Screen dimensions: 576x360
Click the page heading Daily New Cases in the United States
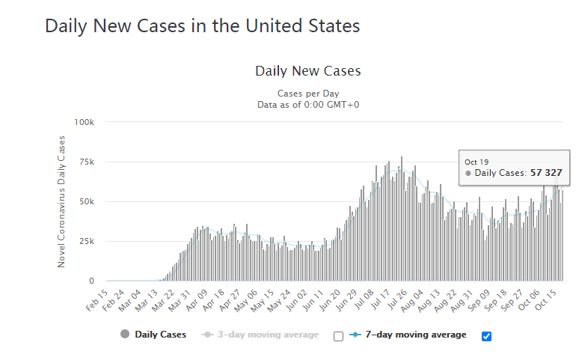coord(203,26)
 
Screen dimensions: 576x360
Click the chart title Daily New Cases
coord(308,71)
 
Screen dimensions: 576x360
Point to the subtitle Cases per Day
coord(308,94)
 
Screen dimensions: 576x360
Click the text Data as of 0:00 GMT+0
coord(308,105)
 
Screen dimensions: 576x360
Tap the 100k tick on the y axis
coord(84,122)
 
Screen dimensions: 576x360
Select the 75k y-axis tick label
coord(87,162)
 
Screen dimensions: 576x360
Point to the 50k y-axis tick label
coord(87,202)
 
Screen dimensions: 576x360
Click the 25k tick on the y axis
coord(87,242)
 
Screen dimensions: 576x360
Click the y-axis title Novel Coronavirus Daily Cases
coord(61,201)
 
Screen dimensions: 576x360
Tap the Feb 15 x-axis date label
coord(97,300)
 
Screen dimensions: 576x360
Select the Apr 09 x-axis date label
coord(197,300)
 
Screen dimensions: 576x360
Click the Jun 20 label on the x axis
coord(329,300)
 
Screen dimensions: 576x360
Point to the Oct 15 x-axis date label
coord(545,300)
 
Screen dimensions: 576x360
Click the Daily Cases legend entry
coord(153,335)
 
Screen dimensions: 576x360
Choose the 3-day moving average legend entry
coord(260,335)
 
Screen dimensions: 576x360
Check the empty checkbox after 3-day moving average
coord(338,336)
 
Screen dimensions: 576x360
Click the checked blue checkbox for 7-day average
coord(486,336)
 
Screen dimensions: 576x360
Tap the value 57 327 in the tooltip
coord(546,173)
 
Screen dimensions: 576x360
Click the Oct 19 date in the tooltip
coord(477,162)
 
